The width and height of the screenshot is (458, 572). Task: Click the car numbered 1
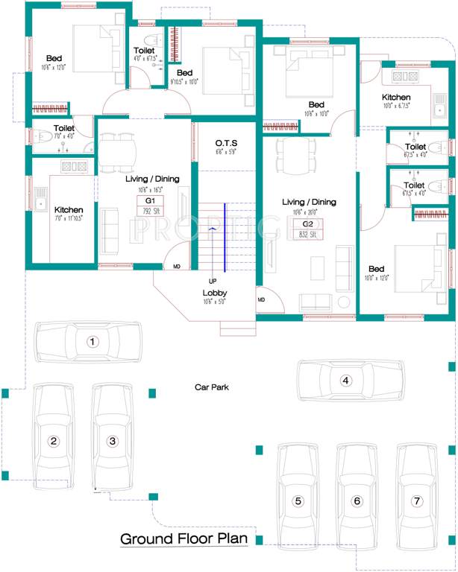coord(92,342)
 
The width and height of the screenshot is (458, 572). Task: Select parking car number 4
coord(345,380)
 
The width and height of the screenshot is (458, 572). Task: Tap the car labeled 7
coord(416,500)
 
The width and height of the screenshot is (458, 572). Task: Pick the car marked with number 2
coord(53,440)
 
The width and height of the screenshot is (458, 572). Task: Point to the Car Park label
coord(212,387)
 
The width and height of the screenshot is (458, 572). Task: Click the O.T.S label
coord(227,142)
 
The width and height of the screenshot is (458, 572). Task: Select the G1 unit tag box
coord(150,200)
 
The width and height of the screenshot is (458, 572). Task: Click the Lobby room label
coord(214,293)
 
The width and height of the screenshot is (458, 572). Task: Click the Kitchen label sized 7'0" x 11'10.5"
coord(69,210)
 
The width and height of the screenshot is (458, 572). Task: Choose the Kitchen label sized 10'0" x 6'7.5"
coord(396,98)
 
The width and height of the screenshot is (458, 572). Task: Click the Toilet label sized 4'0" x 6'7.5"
coord(145,50)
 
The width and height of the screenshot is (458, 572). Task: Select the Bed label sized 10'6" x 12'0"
coord(54,57)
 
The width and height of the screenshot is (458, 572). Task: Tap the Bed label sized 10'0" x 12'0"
coord(376,269)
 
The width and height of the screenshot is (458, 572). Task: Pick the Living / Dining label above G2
coord(308,202)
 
